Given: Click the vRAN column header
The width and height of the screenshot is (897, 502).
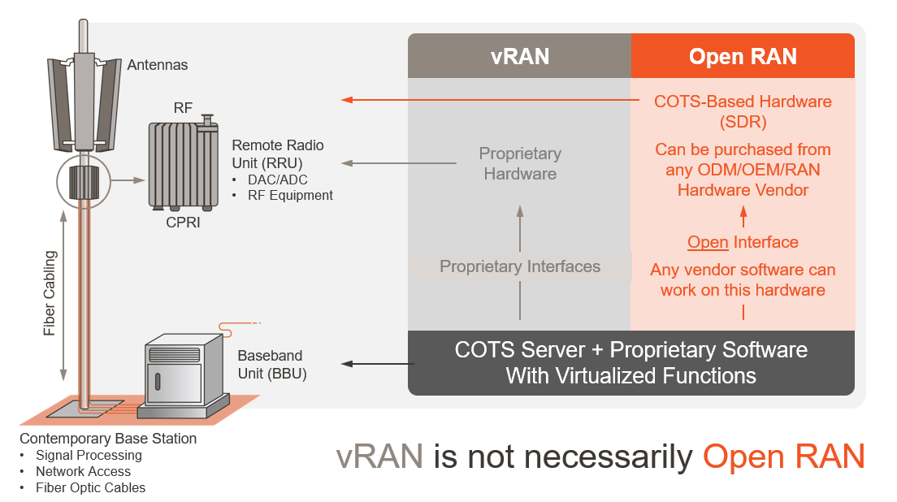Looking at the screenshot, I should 519,56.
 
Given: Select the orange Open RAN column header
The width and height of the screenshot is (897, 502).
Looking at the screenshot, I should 743,56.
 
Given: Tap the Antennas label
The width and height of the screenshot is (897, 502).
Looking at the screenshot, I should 157,65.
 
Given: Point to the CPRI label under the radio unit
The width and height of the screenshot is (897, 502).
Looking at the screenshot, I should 182,221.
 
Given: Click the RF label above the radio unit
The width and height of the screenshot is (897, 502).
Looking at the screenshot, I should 184,108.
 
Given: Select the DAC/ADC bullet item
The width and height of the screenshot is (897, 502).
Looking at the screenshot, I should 277,180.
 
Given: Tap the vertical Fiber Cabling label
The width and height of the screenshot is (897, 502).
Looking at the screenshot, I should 50,292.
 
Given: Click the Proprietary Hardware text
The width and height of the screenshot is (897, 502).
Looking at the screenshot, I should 520,163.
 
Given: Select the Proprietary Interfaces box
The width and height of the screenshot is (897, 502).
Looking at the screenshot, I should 520,266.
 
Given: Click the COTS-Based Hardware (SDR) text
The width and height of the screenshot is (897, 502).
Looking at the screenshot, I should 743,111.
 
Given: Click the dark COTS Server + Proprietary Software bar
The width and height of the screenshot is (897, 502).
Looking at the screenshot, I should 630,362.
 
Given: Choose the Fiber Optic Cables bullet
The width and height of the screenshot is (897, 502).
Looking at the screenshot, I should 90,487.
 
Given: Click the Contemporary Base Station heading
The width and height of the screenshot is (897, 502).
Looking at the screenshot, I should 108,439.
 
